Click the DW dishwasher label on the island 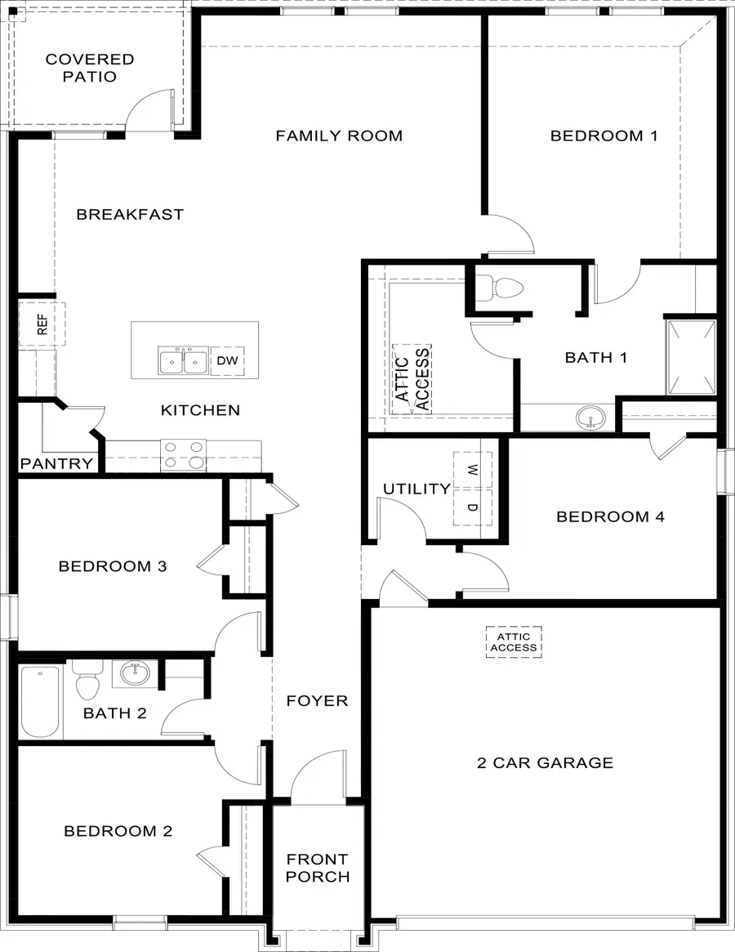tap(227, 360)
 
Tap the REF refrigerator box tap(42, 324)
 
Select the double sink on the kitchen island tap(183, 360)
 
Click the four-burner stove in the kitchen tap(184, 454)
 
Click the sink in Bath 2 tap(134, 675)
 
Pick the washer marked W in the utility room tap(473, 470)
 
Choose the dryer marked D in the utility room tap(473, 507)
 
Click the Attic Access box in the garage tap(514, 642)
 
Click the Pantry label tap(57, 464)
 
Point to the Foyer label tap(317, 700)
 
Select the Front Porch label tap(317, 868)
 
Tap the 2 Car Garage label tap(545, 762)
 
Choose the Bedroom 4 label tap(610, 516)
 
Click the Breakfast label tap(130, 214)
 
